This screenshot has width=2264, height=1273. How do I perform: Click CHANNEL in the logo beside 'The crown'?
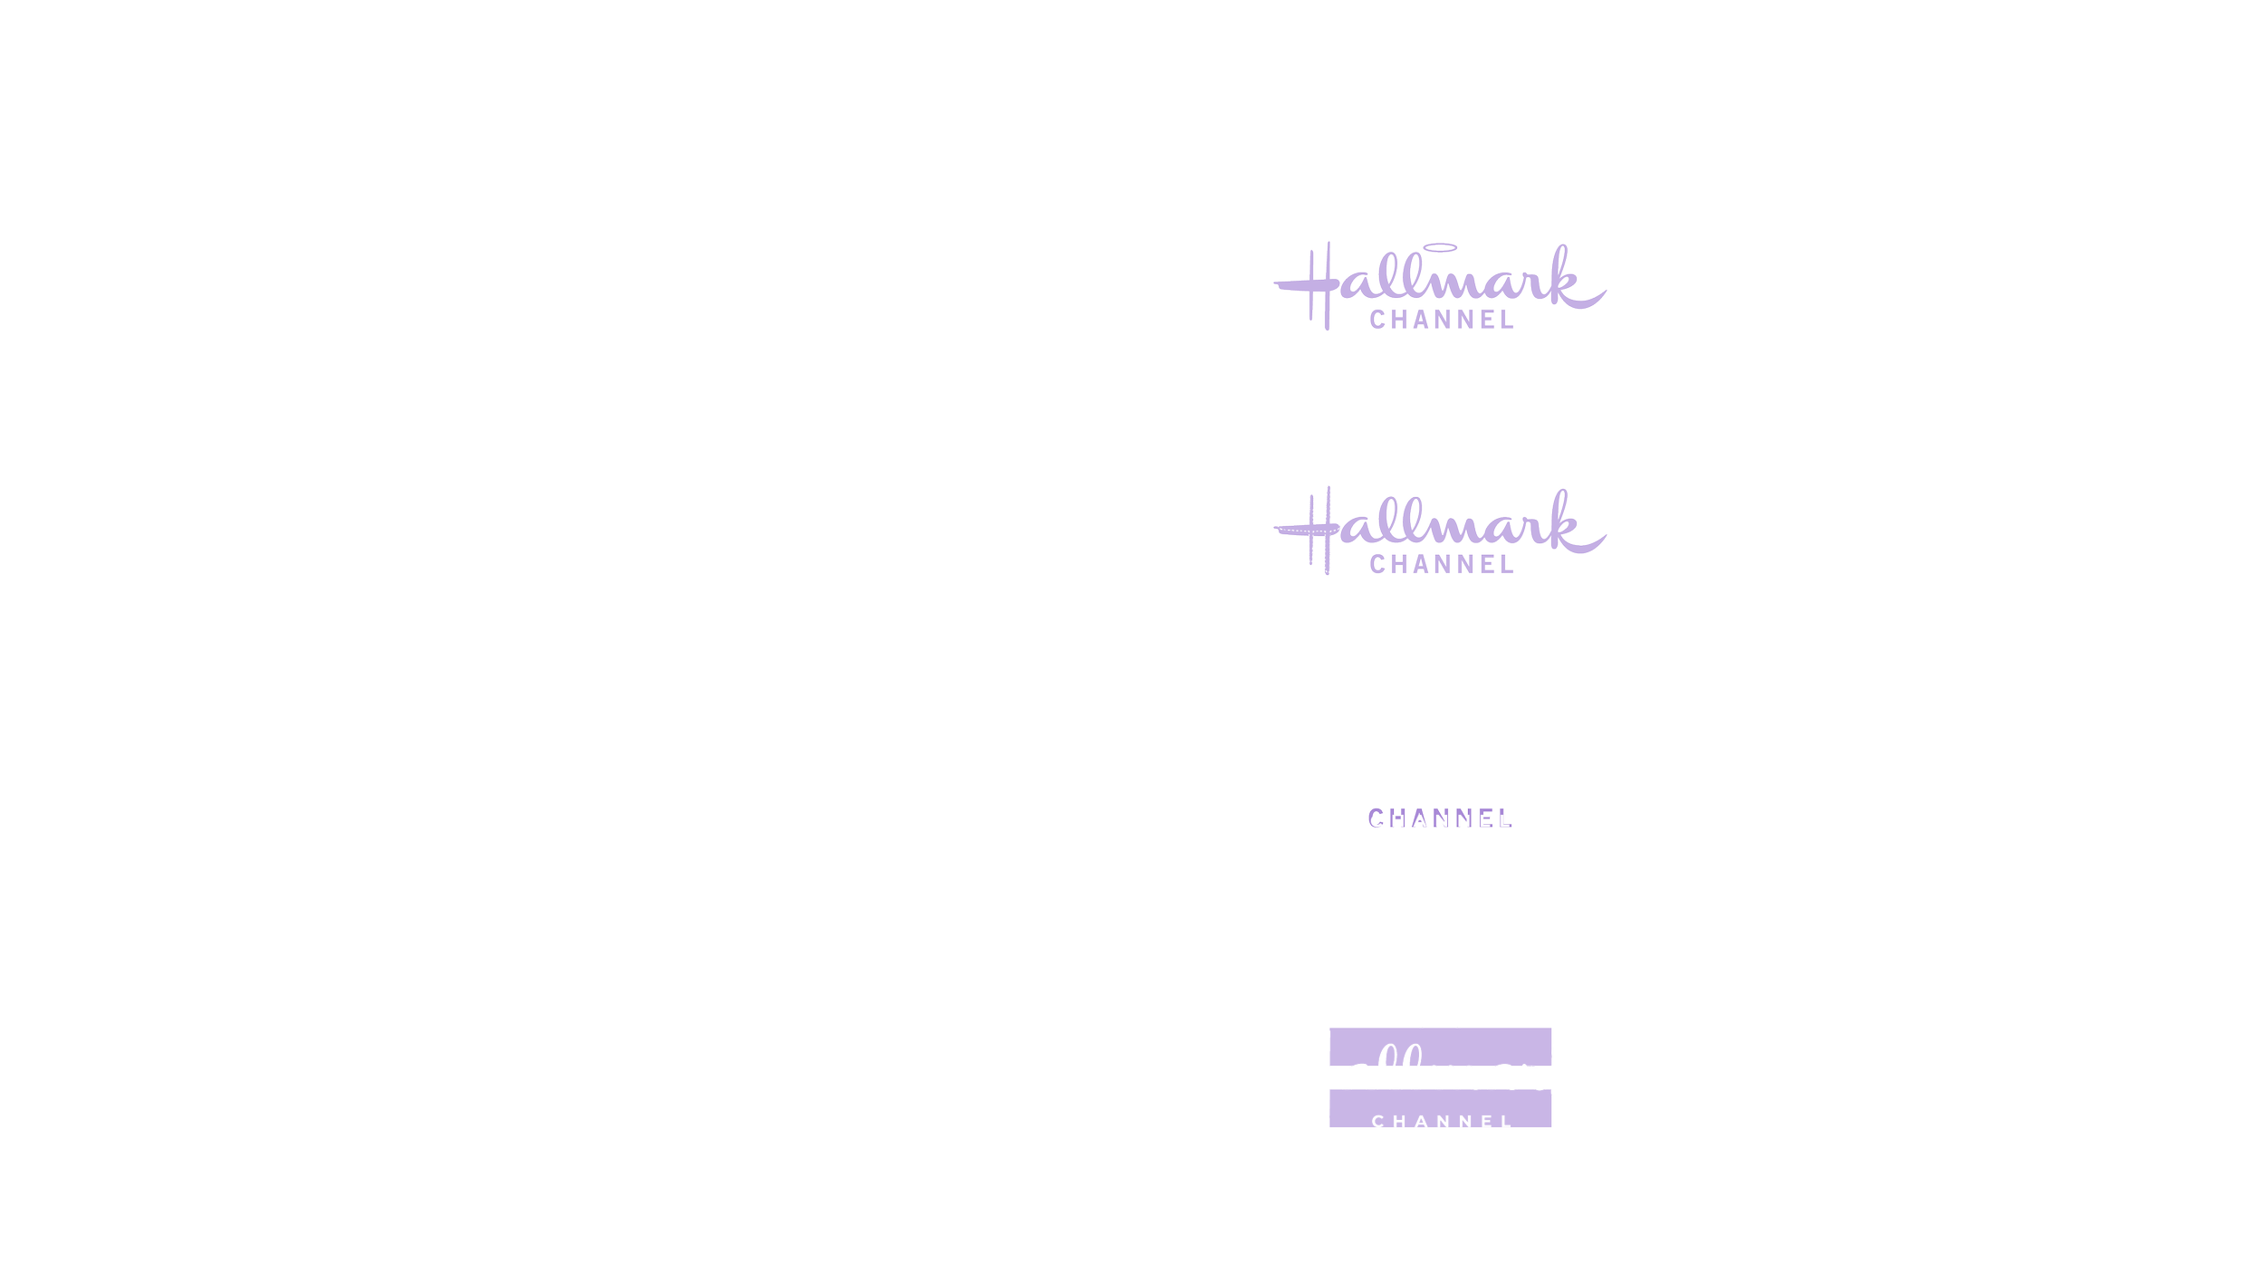pyautogui.click(x=1441, y=320)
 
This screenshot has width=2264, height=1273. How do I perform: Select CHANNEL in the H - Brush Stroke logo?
pyautogui.click(x=1441, y=565)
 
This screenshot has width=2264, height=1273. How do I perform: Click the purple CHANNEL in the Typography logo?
pyautogui.click(x=1440, y=819)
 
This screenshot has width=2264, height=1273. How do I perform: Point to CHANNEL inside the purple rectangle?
pyautogui.click(x=1441, y=1122)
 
